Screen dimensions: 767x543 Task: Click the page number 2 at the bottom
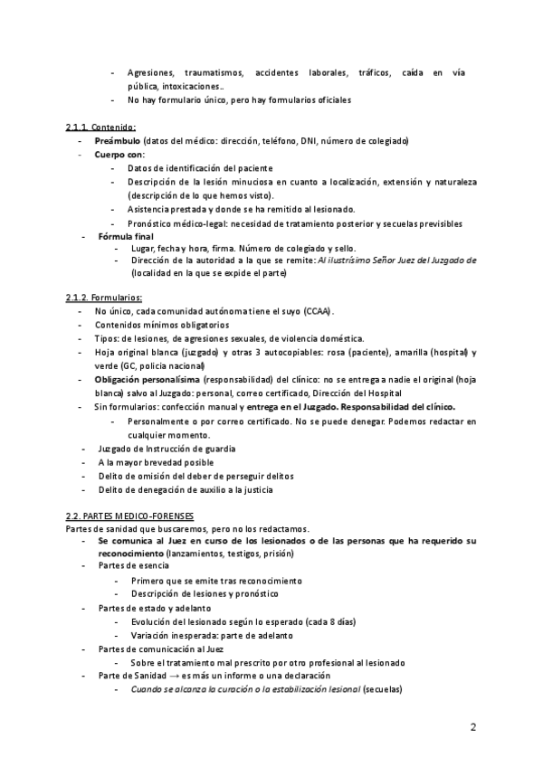(x=473, y=726)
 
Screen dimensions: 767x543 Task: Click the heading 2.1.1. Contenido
(x=100, y=127)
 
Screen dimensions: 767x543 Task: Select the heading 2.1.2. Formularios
(x=104, y=298)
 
